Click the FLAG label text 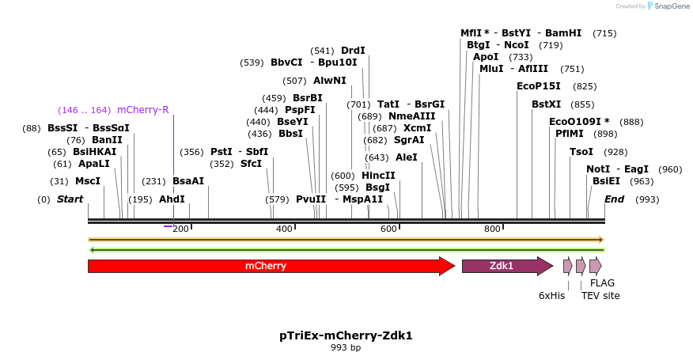coord(602,282)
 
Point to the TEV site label coord(600,295)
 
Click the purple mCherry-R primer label coord(142,110)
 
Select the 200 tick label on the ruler coord(181,229)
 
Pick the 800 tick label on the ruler coord(492,229)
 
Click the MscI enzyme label coord(88,181)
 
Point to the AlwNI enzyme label coord(329,81)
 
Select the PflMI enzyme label coord(570,134)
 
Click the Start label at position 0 coord(70,199)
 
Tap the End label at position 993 coord(614,199)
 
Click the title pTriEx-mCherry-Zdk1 coord(346,335)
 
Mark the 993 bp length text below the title coord(346,347)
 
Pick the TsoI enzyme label coord(581,152)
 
